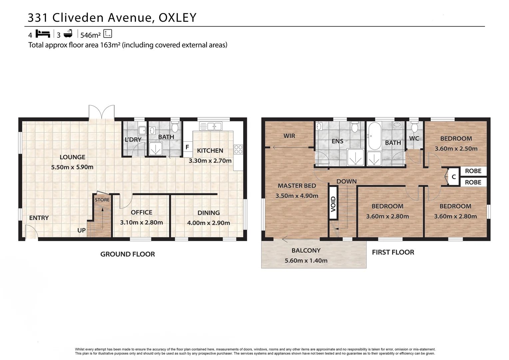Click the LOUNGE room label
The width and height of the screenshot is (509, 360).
click(x=72, y=157)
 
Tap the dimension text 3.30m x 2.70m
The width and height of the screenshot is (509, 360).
click(x=210, y=161)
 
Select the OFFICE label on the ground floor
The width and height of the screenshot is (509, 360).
click(x=141, y=212)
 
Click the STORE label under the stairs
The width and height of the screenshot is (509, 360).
click(x=102, y=200)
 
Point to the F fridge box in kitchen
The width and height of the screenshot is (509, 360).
click(x=187, y=147)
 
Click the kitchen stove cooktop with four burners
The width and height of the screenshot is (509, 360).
click(x=238, y=149)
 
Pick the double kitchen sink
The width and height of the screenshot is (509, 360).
click(x=211, y=126)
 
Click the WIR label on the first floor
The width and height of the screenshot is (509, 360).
click(x=289, y=136)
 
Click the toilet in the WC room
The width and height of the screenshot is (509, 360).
click(x=414, y=127)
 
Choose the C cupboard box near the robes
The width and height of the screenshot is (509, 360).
click(x=453, y=177)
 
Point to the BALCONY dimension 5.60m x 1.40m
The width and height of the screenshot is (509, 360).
click(x=306, y=261)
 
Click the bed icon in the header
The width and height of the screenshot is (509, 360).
click(x=43, y=34)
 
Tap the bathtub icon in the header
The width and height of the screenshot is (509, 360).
click(x=68, y=34)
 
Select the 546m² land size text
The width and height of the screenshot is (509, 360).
click(x=90, y=35)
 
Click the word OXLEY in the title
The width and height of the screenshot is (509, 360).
click(x=178, y=18)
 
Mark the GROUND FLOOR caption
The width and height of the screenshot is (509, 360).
click(x=128, y=254)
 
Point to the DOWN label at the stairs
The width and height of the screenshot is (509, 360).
click(x=346, y=181)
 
